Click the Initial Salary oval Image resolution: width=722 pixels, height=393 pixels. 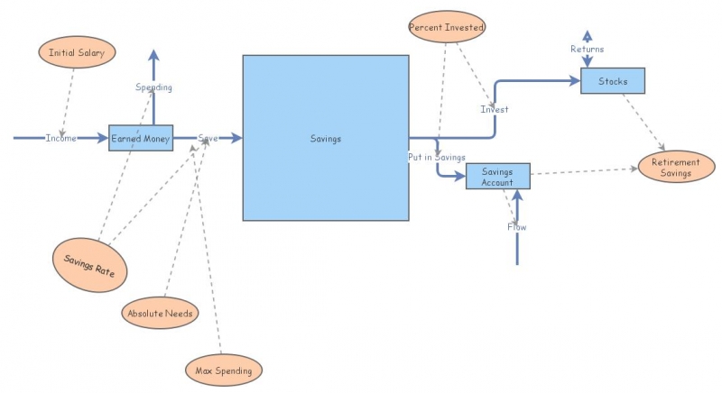click(77, 52)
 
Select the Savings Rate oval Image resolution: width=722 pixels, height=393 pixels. click(89, 265)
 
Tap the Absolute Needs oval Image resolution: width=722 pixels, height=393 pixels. click(161, 313)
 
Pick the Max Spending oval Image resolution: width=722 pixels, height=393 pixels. click(224, 370)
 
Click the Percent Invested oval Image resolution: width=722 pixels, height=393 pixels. click(447, 27)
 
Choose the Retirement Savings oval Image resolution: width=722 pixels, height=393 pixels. click(676, 167)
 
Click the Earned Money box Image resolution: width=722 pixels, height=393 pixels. click(141, 138)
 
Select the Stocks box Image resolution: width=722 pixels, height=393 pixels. click(613, 81)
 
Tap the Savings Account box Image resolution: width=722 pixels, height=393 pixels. click(498, 176)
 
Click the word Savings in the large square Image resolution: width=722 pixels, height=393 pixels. click(326, 138)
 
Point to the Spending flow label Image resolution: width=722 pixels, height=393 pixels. click(153, 87)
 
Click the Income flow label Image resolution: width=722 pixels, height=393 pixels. click(60, 138)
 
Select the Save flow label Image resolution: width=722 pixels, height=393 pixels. click(208, 138)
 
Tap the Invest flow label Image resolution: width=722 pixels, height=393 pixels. click(495, 109)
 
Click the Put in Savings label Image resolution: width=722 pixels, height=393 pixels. click(437, 157)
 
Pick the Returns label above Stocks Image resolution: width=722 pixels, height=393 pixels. click(588, 49)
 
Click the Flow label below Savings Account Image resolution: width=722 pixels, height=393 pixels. click(516, 226)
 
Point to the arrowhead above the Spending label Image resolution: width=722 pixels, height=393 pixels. click(153, 55)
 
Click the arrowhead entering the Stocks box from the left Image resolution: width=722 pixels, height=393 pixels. click(575, 81)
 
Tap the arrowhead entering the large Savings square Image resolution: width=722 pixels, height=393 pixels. click(237, 137)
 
